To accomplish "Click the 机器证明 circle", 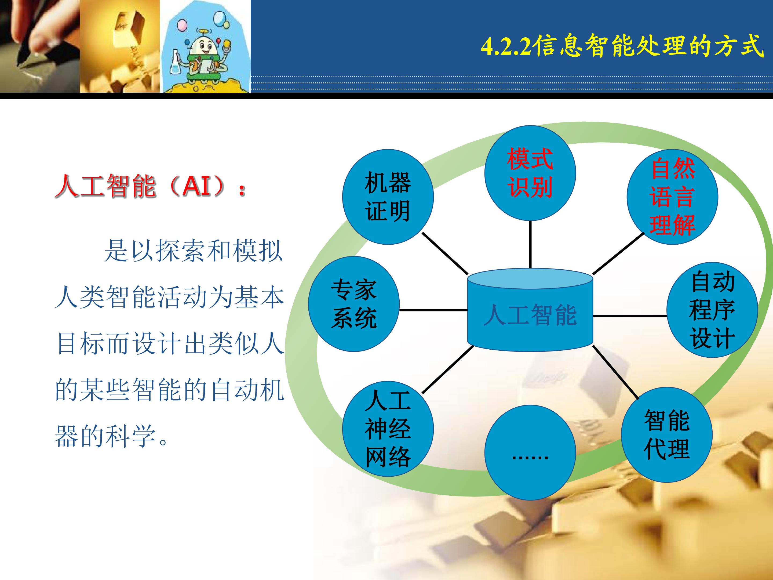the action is [388, 197].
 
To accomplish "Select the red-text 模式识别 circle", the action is [530, 173].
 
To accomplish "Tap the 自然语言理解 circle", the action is [672, 197].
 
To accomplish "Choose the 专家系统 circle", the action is [354, 304].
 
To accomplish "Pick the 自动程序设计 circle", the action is [712, 310].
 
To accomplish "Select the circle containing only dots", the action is [530, 452].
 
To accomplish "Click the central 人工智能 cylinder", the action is [530, 310].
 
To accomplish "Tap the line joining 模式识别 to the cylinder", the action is [530, 244].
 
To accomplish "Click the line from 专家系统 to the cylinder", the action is [433, 310].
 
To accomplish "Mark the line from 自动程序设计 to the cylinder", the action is [630, 316].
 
